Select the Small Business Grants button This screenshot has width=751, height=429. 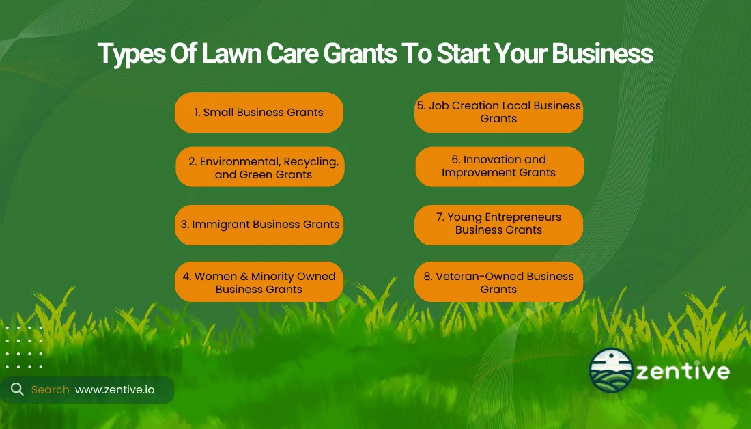[x=259, y=113]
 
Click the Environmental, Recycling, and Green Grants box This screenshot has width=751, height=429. [x=260, y=167]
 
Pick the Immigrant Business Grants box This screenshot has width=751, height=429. [x=259, y=225]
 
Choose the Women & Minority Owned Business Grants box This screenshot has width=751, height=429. [x=259, y=282]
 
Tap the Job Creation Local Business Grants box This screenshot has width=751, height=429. [x=498, y=112]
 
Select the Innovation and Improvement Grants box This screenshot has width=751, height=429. [x=500, y=166]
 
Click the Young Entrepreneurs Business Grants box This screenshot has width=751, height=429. [x=498, y=224]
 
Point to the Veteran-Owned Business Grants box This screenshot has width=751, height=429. [x=498, y=282]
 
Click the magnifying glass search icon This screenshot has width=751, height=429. [x=17, y=389]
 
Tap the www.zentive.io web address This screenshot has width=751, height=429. [x=115, y=389]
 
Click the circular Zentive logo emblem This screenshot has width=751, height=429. [x=611, y=371]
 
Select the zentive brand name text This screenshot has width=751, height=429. [x=682, y=372]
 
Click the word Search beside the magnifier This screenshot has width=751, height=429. [x=50, y=389]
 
